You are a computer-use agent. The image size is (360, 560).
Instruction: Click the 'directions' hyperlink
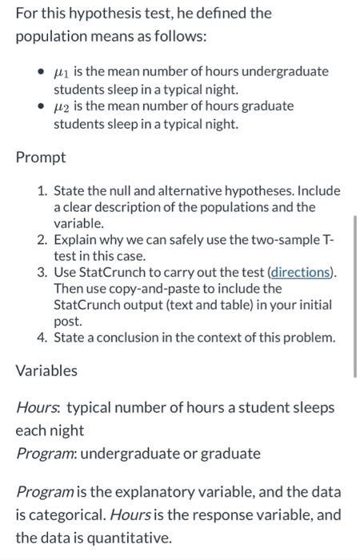pyautogui.click(x=301, y=272)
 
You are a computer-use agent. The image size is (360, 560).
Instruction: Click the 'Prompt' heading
pyautogui.click(x=40, y=156)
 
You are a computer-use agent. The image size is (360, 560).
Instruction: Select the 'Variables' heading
pyautogui.click(x=46, y=370)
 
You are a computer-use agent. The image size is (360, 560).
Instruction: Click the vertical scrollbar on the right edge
pyautogui.click(x=355, y=296)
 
